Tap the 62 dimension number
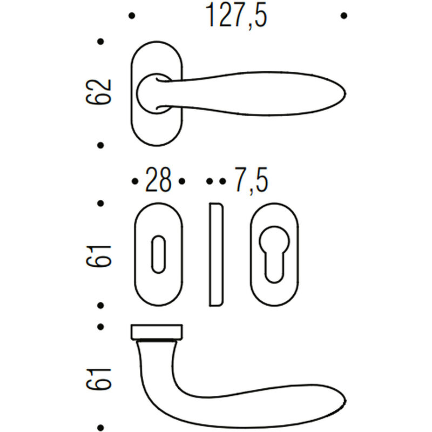pos(98,92)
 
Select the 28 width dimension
pos(158,180)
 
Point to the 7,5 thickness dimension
pos(251,181)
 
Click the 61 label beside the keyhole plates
pos(98,256)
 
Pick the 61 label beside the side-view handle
pos(98,379)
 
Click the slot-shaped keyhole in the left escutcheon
pos(158,254)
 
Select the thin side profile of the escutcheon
pos(216,254)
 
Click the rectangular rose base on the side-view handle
pos(157,332)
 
